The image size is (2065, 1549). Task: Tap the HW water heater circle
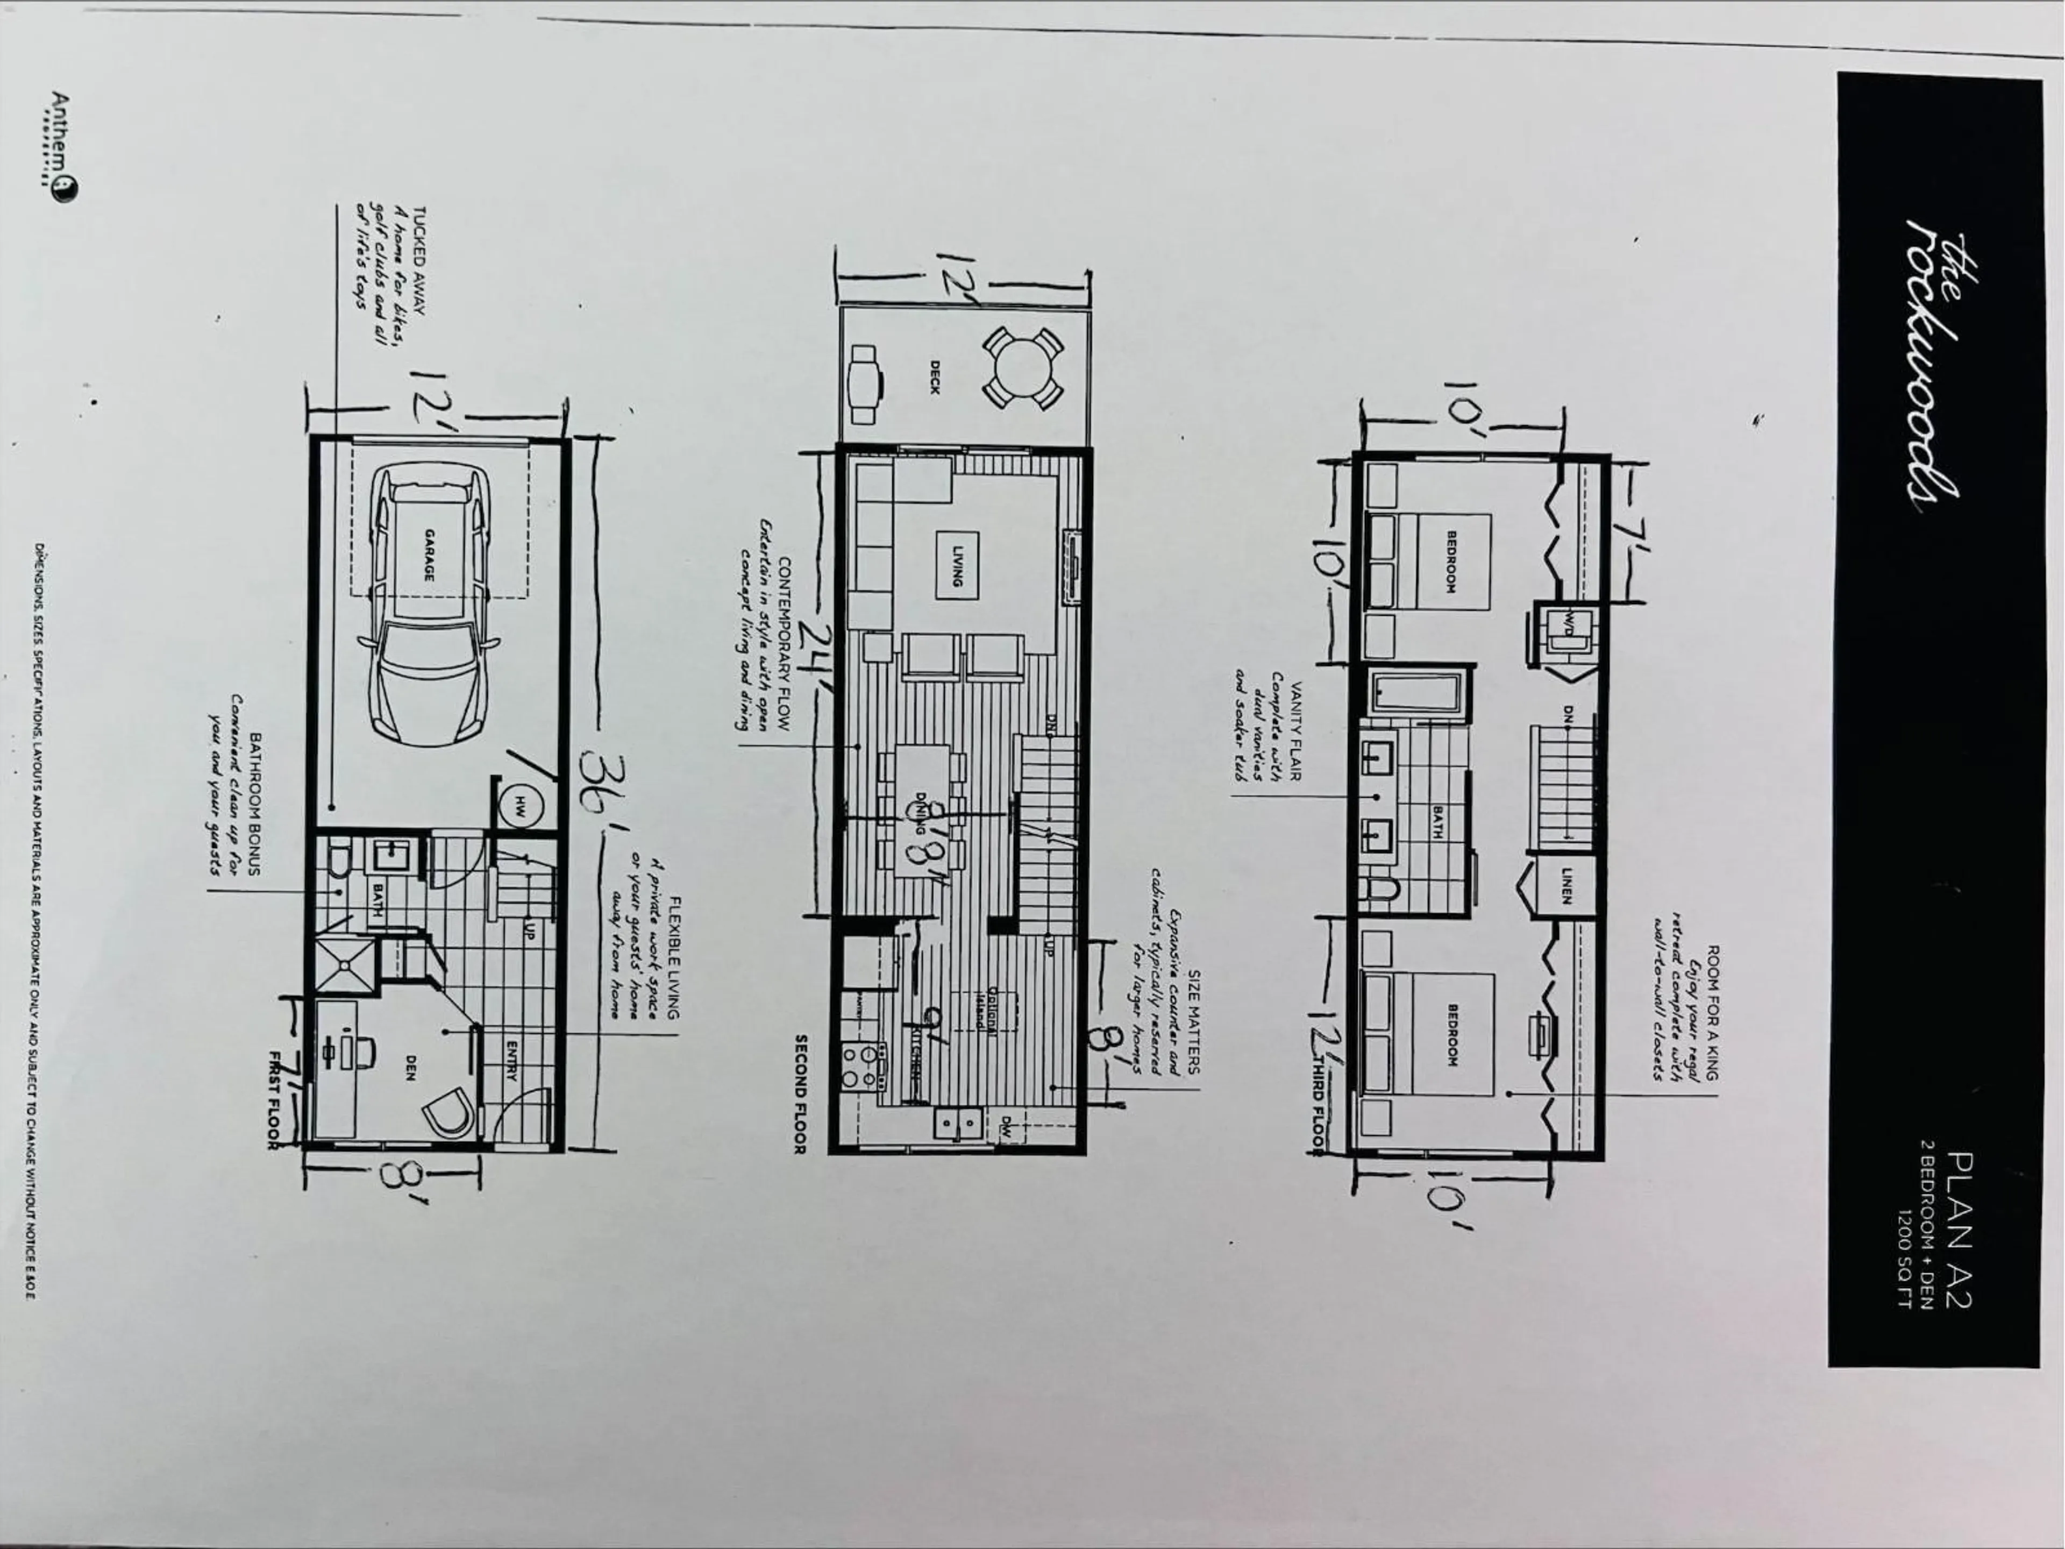coord(519,808)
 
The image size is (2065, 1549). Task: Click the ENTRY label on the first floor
coord(511,1060)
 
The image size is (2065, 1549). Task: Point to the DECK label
coord(935,377)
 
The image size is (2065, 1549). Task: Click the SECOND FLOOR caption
coord(800,1092)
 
